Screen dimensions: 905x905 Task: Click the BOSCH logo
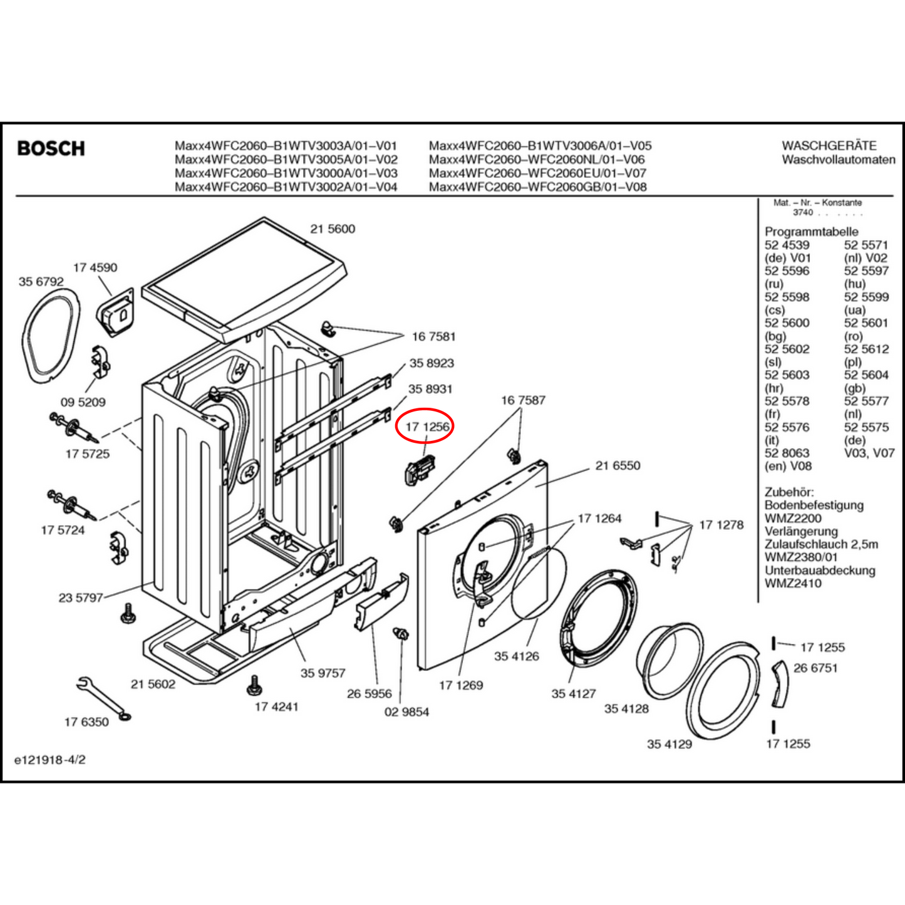pyautogui.click(x=51, y=149)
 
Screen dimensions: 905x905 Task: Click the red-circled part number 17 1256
pyautogui.click(x=427, y=427)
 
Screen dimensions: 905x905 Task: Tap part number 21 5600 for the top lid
pyautogui.click(x=333, y=229)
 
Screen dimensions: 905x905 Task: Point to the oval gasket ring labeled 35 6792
pyautogui.click(x=51, y=336)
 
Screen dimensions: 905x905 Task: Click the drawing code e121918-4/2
pyautogui.click(x=50, y=760)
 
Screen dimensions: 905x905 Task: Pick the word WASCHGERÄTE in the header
pyautogui.click(x=829, y=145)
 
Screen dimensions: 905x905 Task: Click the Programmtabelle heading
pyautogui.click(x=811, y=232)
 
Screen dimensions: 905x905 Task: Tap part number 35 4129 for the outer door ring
pyautogui.click(x=669, y=744)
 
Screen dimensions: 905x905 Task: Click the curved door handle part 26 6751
pyautogui.click(x=780, y=683)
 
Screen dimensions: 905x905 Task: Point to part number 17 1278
pyautogui.click(x=721, y=525)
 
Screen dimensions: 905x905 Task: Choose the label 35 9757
pyautogui.click(x=323, y=673)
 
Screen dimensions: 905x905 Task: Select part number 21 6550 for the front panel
pyautogui.click(x=618, y=465)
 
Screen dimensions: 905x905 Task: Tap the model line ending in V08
pyautogui.click(x=537, y=187)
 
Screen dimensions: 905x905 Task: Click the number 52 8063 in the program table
pyautogui.click(x=787, y=453)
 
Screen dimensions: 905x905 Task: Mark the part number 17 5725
pyautogui.click(x=87, y=454)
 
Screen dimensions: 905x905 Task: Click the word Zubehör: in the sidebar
pyautogui.click(x=789, y=492)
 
